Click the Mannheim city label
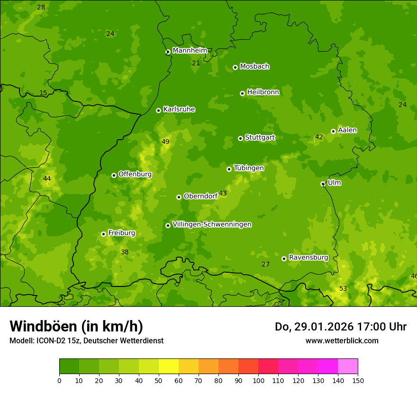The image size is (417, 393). click(190, 51)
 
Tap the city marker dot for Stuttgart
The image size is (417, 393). click(240, 138)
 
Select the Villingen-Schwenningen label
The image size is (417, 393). click(212, 224)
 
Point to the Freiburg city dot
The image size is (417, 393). click(103, 234)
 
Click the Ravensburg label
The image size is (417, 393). click(308, 258)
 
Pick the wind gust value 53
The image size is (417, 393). click(343, 288)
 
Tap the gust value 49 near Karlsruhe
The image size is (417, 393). click(165, 142)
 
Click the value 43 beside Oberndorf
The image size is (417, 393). click(223, 193)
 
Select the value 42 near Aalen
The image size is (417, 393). click(319, 137)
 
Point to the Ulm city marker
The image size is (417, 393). click(323, 184)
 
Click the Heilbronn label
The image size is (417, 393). click(263, 92)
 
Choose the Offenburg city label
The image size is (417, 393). click(135, 174)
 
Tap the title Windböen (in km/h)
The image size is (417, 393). click(76, 326)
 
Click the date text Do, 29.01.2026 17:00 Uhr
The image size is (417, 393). click(341, 327)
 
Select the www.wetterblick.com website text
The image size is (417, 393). click(342, 340)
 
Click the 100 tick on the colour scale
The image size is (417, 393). click(258, 380)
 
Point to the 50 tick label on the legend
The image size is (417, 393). click(159, 380)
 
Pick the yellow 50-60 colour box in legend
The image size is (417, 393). click(169, 366)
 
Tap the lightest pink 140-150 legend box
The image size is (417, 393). click(348, 366)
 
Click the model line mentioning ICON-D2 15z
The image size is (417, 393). click(86, 340)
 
